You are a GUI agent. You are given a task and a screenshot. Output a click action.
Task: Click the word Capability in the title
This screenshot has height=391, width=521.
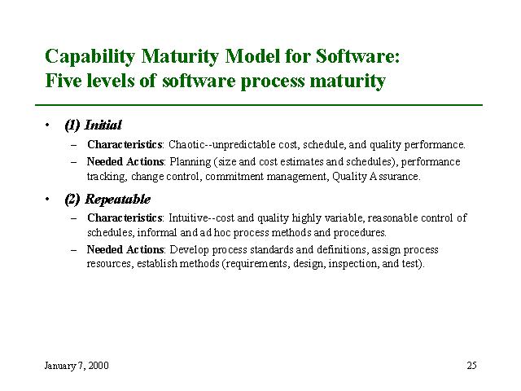point(90,56)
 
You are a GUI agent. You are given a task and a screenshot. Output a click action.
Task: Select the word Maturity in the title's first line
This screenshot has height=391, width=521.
point(180,56)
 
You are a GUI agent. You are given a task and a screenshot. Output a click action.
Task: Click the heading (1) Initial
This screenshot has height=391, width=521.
point(93,125)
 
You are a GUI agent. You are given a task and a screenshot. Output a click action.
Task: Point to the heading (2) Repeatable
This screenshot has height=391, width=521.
point(107,199)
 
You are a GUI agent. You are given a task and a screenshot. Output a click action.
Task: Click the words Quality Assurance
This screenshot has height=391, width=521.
point(376,177)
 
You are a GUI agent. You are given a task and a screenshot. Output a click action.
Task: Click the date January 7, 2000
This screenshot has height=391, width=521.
point(77,366)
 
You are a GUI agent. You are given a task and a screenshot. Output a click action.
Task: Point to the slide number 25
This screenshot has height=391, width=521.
point(471,366)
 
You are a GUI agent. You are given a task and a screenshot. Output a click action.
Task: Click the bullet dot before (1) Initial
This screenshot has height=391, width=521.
point(47,125)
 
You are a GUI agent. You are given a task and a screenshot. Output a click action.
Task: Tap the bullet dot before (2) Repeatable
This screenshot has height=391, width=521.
point(47,199)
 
